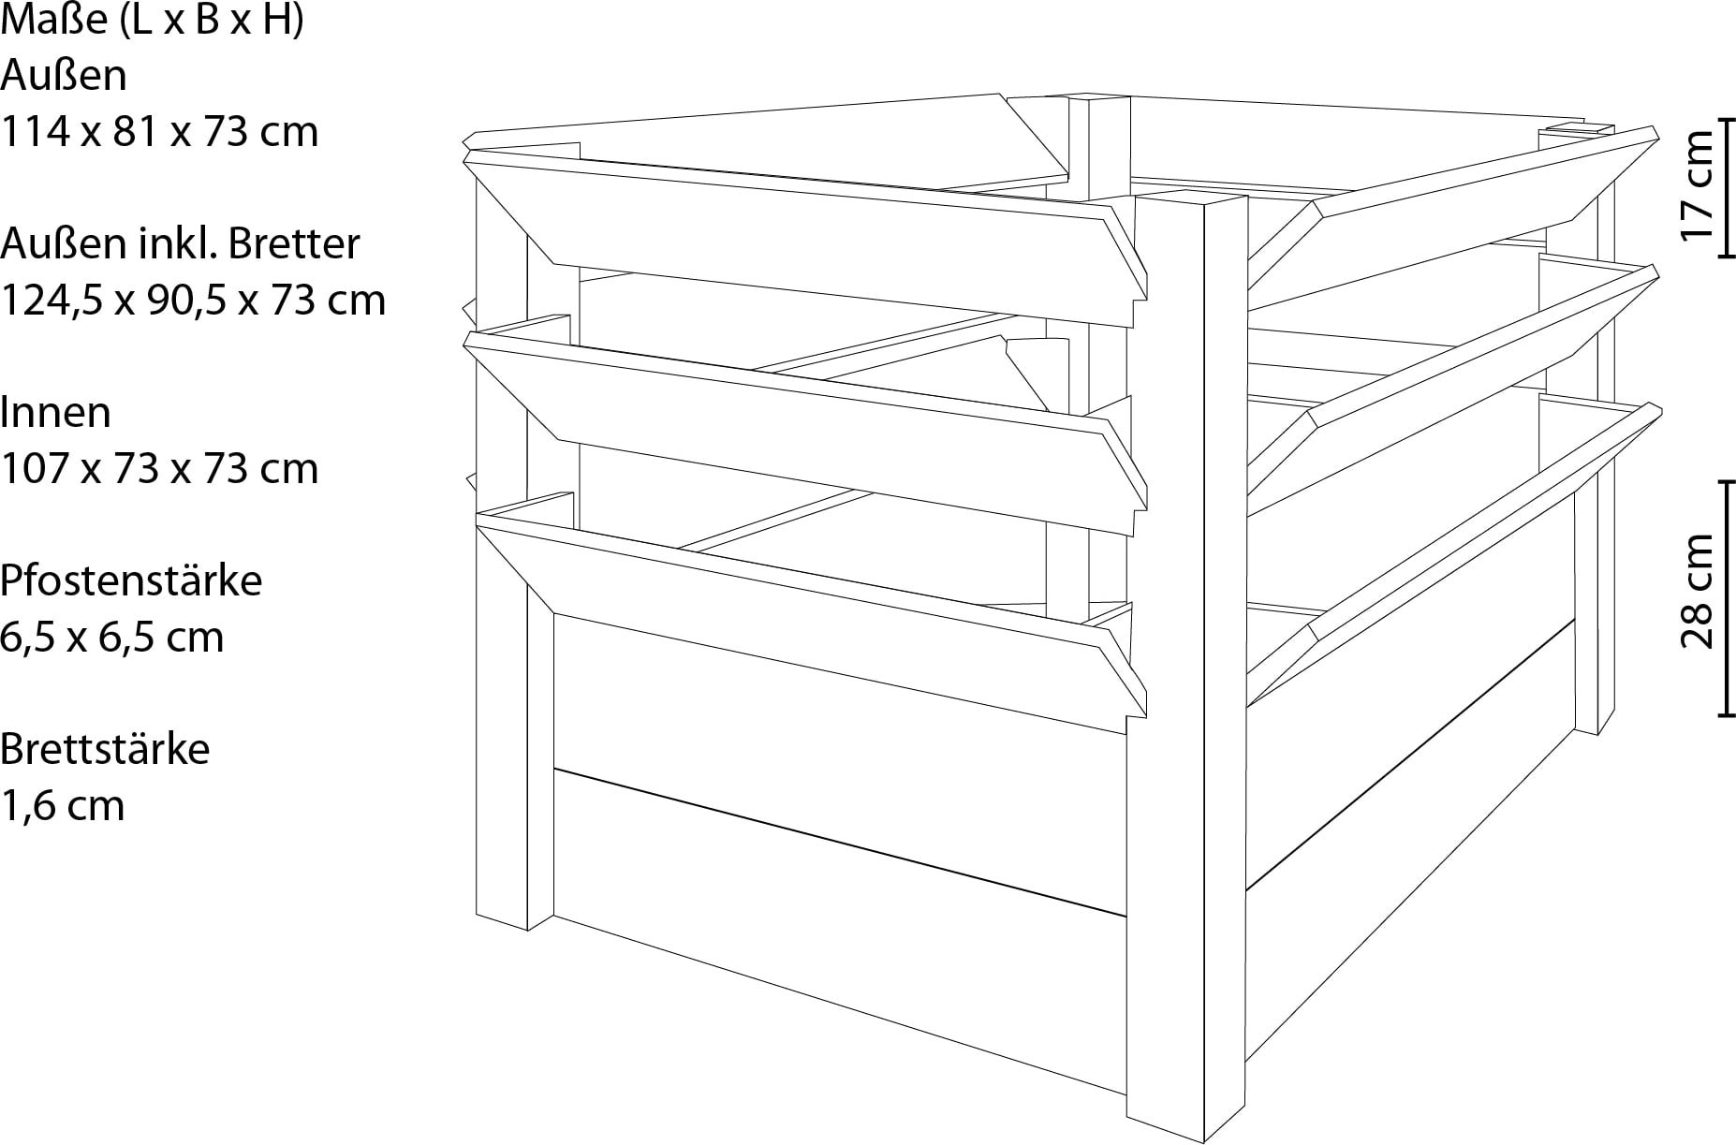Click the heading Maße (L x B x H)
coord(153,20)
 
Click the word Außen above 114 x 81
coord(64,76)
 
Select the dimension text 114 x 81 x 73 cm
coord(159,132)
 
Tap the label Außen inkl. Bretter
coord(180,244)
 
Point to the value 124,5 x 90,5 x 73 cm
coord(193,301)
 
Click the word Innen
coord(55,413)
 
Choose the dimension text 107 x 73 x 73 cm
coord(159,469)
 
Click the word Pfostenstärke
coord(131,581)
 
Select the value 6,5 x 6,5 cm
coord(112,638)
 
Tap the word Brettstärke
coord(105,750)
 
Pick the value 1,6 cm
coord(62,806)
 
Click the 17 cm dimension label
coord(1697,184)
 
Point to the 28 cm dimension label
coord(1697,593)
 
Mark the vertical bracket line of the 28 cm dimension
coord(1728,599)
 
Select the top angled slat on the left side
coord(805,234)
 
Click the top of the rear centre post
coord(1100,96)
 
